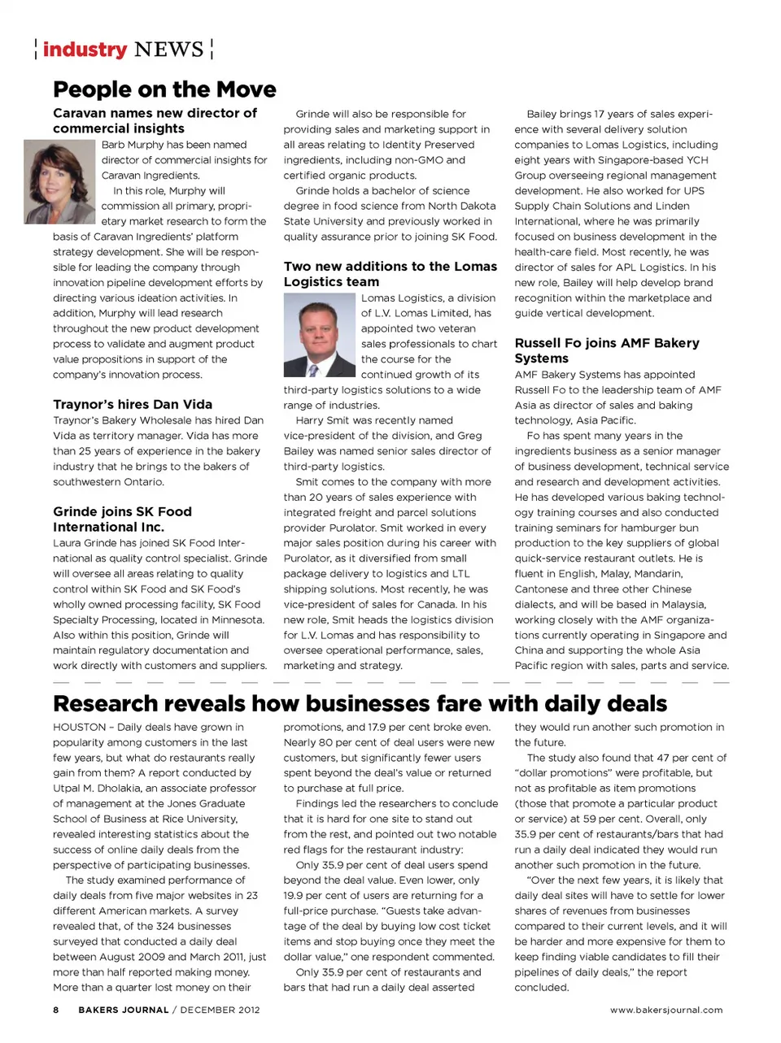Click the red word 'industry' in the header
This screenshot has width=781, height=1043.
[85, 50]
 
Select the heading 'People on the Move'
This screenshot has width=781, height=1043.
[164, 89]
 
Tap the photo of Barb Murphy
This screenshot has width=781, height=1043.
[59, 181]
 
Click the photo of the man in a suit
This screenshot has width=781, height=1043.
[320, 335]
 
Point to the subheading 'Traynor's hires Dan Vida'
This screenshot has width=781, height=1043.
[133, 404]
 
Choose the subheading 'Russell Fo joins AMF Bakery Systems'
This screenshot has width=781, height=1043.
[606, 350]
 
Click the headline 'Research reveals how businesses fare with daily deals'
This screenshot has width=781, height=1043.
[360, 703]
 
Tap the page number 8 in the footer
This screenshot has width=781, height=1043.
[56, 1010]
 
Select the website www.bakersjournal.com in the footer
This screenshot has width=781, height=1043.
[666, 1010]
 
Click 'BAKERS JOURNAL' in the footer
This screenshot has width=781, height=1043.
[123, 1010]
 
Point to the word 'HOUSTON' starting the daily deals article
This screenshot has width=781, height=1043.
[80, 727]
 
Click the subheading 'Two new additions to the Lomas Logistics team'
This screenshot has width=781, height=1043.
[390, 274]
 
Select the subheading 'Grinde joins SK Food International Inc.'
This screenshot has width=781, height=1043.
[122, 519]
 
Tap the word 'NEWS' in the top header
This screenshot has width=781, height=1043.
[168, 50]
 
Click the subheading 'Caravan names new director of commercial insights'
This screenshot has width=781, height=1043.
[155, 120]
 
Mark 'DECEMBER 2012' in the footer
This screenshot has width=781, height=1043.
[220, 1010]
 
